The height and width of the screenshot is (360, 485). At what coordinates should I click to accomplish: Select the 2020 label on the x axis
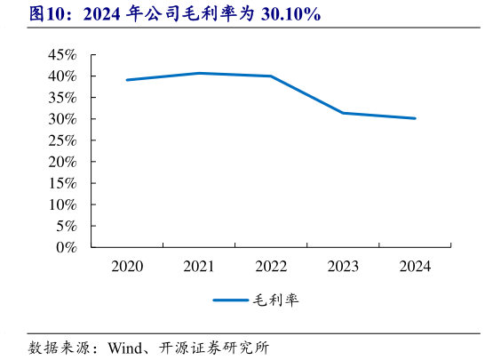(126, 266)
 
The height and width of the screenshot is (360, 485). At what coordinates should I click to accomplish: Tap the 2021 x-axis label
(198, 266)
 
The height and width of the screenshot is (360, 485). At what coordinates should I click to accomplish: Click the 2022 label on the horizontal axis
(271, 266)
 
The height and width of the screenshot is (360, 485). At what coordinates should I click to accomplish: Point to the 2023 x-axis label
(343, 266)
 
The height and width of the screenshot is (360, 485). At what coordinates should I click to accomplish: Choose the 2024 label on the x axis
(415, 266)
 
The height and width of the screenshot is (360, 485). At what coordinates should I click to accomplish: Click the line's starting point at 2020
(126, 80)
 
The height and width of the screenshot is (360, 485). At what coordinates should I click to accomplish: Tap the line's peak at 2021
(198, 73)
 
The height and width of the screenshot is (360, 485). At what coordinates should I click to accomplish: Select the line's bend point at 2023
(343, 113)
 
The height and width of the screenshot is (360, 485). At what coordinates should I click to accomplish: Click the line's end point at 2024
(415, 118)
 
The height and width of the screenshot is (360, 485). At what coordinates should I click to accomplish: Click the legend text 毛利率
(276, 300)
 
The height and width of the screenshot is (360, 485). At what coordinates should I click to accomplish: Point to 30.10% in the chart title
(291, 15)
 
